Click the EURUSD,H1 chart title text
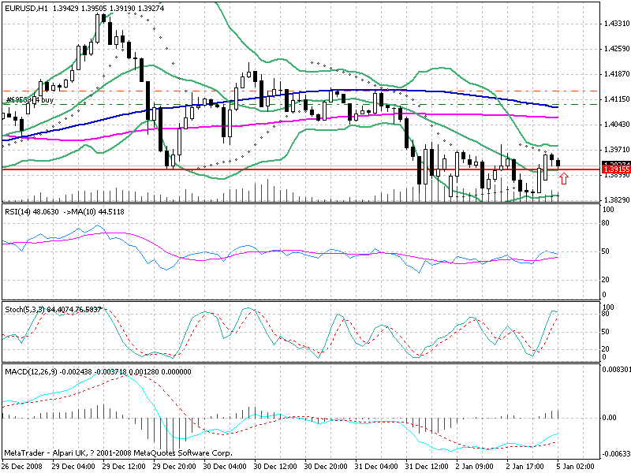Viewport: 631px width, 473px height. coord(28,6)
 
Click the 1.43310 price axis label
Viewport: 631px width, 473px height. coord(615,24)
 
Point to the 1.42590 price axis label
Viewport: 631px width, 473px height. coord(615,49)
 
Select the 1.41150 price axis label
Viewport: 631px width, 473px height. coord(615,99)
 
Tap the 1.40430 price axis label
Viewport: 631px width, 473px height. coord(615,125)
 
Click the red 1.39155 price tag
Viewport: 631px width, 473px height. coord(615,169)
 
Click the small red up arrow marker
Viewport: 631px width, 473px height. coord(564,180)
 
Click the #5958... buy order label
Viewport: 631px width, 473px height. coord(29,100)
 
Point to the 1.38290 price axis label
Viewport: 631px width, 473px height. coord(615,200)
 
